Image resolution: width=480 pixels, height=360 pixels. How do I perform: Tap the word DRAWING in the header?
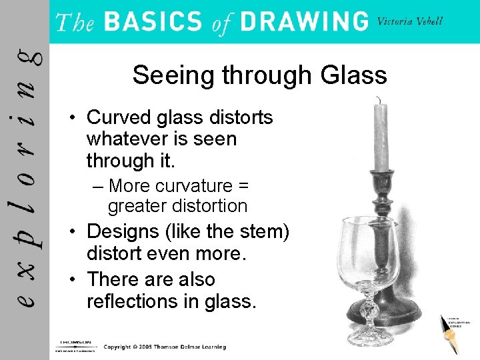[304, 21]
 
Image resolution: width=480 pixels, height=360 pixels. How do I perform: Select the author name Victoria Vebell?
[409, 21]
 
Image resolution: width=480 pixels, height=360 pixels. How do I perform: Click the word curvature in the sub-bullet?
[195, 185]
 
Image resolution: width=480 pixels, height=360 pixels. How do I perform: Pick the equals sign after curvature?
[243, 185]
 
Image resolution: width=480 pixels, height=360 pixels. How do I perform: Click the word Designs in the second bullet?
[123, 231]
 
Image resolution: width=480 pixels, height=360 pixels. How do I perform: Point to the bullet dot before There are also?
[76, 279]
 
